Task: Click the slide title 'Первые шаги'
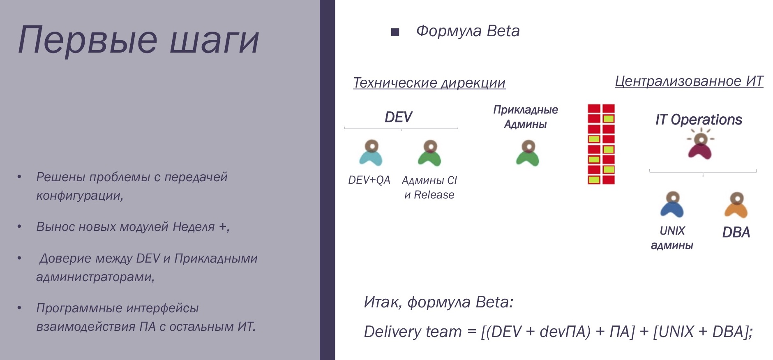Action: click(x=138, y=40)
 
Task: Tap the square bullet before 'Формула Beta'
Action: click(x=395, y=32)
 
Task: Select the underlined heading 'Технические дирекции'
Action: click(x=429, y=83)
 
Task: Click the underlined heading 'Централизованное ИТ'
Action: click(x=689, y=81)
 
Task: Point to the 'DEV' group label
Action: click(x=398, y=117)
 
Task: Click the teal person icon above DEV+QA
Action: click(x=371, y=153)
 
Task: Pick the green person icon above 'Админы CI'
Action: click(x=429, y=153)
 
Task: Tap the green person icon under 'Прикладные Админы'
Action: click(x=528, y=153)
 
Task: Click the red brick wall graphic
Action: click(x=601, y=144)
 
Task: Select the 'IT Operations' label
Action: click(x=699, y=120)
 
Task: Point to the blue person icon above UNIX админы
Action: click(x=672, y=204)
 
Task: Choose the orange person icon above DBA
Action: click(x=736, y=205)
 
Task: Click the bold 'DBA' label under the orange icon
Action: click(x=736, y=233)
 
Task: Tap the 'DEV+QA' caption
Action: click(x=369, y=180)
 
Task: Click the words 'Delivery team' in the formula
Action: click(x=413, y=332)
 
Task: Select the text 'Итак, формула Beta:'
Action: click(x=438, y=302)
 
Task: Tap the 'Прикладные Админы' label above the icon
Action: click(x=526, y=117)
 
